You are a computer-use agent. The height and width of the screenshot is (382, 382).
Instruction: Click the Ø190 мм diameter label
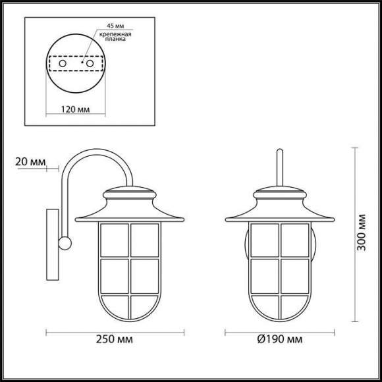click(280, 341)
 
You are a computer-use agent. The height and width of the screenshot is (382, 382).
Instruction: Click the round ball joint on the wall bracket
click(65, 243)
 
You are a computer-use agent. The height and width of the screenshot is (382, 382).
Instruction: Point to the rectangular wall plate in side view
click(52, 244)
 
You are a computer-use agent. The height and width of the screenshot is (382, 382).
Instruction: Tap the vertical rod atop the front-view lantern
click(280, 168)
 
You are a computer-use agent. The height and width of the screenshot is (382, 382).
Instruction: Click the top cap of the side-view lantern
click(131, 194)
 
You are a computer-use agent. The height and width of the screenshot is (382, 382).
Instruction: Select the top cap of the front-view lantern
click(280, 194)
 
